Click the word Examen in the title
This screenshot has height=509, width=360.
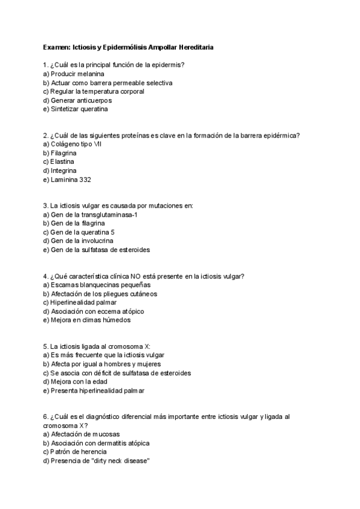pyautogui.click(x=56, y=46)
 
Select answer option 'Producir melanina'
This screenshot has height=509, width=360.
pyautogui.click(x=73, y=73)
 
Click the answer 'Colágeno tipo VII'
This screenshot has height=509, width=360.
pyautogui.click(x=72, y=144)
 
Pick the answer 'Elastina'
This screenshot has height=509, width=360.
pyautogui.click(x=63, y=162)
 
